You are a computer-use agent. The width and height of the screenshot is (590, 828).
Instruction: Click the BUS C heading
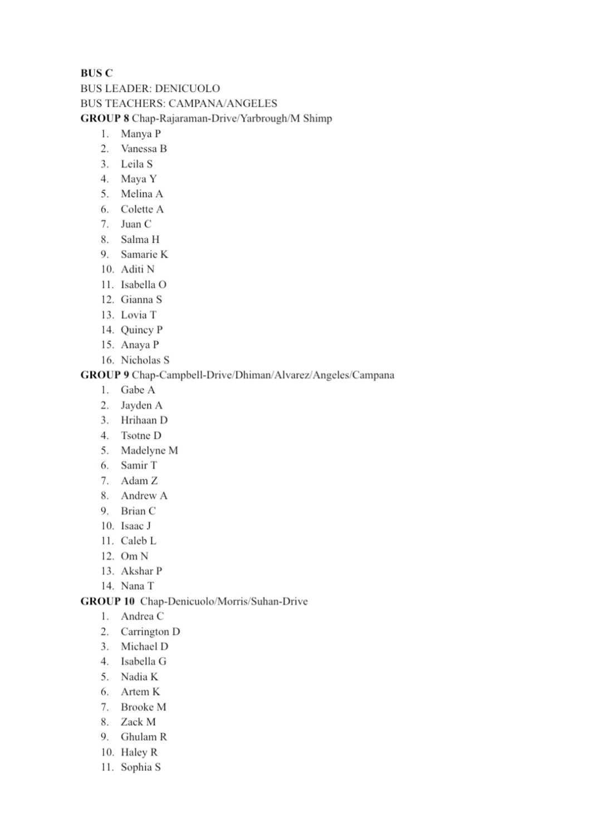tap(96, 73)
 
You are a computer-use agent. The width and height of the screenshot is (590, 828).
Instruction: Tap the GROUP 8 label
tap(105, 118)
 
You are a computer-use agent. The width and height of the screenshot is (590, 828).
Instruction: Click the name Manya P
tap(141, 134)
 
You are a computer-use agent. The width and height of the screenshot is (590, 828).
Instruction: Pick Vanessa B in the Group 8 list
tap(144, 149)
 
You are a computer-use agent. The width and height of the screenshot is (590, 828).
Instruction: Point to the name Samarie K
tap(144, 254)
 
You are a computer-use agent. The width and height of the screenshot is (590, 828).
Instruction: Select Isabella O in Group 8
tap(144, 285)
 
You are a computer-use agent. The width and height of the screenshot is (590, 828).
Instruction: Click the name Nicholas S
tap(145, 360)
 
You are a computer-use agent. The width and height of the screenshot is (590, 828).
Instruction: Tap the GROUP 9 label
tap(105, 375)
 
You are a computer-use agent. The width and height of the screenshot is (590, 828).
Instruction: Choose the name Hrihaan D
tap(144, 420)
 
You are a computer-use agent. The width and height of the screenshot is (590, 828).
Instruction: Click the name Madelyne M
tap(149, 450)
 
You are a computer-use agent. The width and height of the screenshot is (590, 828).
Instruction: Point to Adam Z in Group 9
tap(139, 481)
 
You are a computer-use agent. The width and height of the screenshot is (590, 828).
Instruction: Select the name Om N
tap(135, 556)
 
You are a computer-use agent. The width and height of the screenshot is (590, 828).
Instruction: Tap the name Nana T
tap(137, 586)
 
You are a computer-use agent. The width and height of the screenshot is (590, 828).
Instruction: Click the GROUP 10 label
tap(107, 601)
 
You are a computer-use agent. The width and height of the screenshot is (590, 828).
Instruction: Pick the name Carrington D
tap(150, 631)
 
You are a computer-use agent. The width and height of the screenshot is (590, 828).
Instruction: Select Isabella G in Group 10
tap(144, 662)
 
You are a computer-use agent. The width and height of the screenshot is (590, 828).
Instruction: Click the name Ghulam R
tap(144, 737)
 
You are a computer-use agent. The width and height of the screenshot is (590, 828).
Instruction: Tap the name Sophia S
tap(141, 767)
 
